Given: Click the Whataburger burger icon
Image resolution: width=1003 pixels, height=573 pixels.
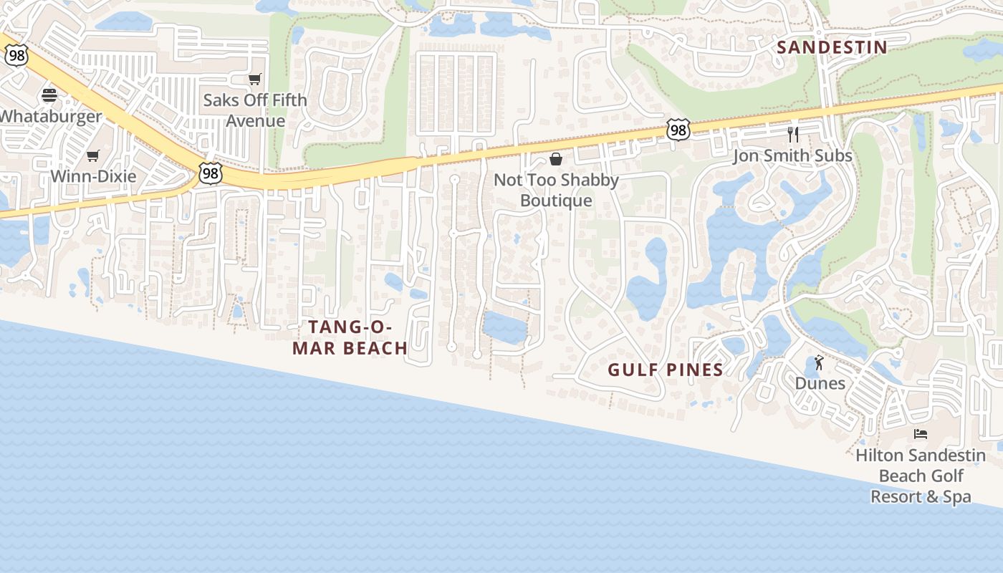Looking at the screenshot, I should tap(49, 95).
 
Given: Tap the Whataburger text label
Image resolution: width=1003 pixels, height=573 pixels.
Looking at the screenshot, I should tap(51, 116).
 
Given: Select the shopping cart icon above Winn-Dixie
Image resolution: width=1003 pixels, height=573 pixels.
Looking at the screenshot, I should tap(92, 155).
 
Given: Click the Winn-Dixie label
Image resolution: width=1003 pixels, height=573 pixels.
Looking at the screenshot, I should tap(93, 176).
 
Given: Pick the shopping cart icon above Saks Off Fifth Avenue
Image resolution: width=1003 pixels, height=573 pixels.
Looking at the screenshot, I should tap(254, 79).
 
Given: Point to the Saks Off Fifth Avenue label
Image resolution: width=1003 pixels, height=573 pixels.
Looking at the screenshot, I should tap(254, 110).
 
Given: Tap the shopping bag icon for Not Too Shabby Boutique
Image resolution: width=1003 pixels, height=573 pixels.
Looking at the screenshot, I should tap(556, 159).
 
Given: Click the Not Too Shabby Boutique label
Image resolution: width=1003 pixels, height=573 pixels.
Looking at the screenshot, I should tap(556, 190).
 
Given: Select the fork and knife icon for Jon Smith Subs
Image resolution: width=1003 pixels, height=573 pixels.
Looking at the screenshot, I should tap(793, 135).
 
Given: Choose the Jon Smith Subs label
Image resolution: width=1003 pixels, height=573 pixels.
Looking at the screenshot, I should tap(792, 155).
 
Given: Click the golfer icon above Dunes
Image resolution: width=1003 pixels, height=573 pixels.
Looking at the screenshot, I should tap(820, 362).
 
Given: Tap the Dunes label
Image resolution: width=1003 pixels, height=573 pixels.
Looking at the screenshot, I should tap(820, 383).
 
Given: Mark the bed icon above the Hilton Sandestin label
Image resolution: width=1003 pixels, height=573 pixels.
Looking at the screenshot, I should tap(921, 434).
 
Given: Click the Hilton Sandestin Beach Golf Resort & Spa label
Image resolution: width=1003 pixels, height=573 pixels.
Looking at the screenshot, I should tap(921, 476).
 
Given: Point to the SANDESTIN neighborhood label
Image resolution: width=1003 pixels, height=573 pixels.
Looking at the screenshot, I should tap(832, 47).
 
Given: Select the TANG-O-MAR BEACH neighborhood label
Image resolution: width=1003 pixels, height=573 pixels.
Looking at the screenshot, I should tap(357, 337).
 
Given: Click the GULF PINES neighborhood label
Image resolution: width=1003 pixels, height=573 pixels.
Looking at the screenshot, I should tap(666, 370).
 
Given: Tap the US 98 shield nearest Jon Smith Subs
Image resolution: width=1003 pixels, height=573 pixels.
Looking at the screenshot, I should tap(678, 129).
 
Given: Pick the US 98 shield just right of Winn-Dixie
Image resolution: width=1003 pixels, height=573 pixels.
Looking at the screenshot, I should tap(211, 173).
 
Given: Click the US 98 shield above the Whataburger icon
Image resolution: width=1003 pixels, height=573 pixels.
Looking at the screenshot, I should tap(16, 56).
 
